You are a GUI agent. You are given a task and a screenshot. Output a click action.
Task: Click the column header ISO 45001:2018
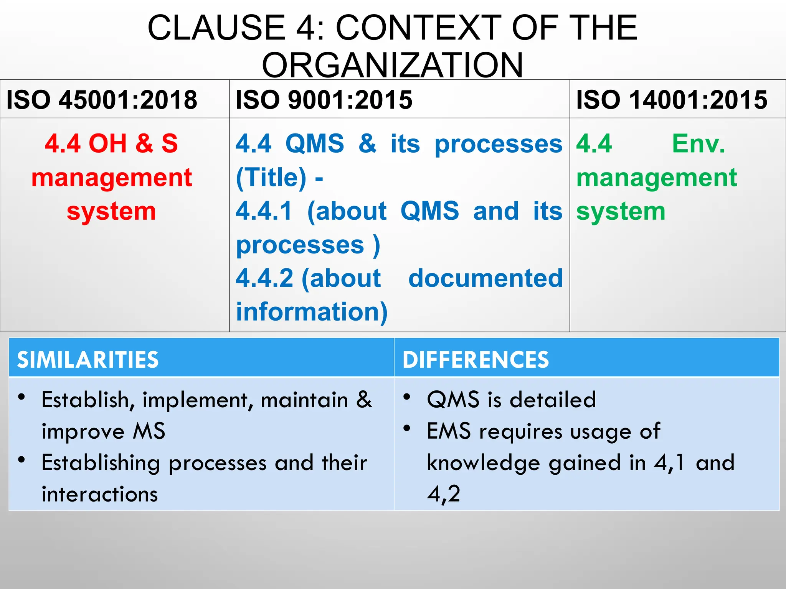coord(102,100)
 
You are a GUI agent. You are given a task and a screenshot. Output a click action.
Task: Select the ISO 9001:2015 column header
coord(324,100)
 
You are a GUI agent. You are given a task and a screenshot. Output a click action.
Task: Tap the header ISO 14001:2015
coord(672,100)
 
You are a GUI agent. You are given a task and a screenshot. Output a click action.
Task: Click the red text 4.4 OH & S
coord(111,143)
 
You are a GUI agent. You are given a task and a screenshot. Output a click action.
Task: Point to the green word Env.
coord(698,143)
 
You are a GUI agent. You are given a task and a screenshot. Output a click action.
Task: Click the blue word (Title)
coord(271,178)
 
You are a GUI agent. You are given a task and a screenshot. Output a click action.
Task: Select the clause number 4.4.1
coord(264,211)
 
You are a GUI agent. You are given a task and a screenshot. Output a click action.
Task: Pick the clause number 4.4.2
coord(264,278)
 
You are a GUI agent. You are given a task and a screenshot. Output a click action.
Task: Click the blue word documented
coord(485,278)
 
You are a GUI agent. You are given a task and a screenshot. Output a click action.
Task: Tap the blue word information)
coord(312,311)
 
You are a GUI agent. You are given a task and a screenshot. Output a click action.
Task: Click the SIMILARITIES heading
coord(88,360)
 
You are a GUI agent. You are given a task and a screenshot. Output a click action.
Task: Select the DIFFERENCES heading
coord(476,360)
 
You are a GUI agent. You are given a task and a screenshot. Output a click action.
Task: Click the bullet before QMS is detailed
coord(407,397)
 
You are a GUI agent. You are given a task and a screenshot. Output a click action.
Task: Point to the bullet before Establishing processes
coord(22,459)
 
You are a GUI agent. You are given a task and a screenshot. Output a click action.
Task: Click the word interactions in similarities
coord(100,494)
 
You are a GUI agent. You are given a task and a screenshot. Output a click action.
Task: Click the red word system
coord(111,211)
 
